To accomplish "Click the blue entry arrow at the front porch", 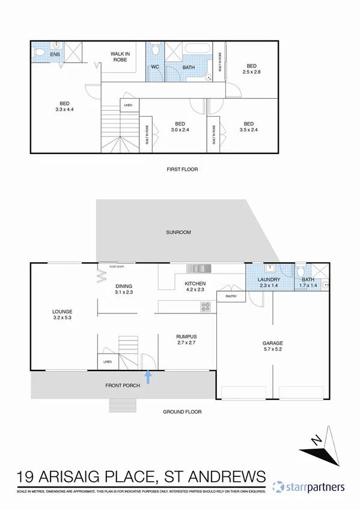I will point(148,377).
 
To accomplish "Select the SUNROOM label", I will point(178,232).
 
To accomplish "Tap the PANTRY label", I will point(231,296).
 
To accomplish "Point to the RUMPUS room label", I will point(186,339).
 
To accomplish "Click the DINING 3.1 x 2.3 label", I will point(123,289).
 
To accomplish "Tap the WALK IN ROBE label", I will point(121,57).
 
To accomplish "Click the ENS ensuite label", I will point(55,55).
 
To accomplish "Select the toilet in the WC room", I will point(155,49).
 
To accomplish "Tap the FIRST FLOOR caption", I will point(182,170).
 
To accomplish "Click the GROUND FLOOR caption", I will point(182,412).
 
